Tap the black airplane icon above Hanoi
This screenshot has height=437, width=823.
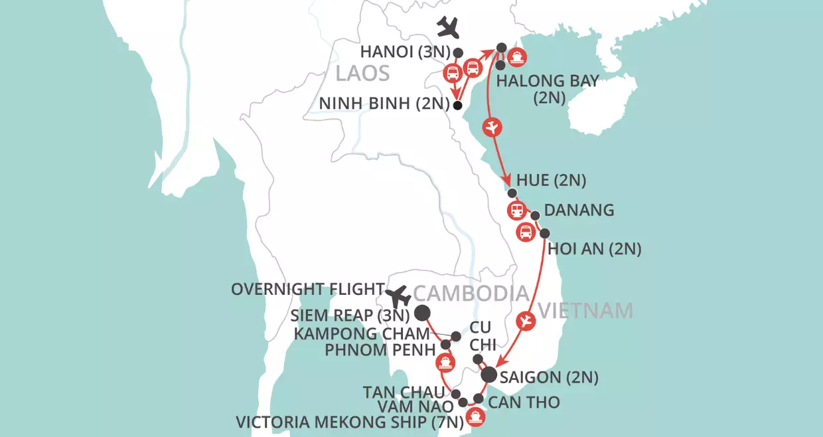tap(449, 27)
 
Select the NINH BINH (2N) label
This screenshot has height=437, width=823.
tap(383, 104)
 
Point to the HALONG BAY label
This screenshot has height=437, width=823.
tap(548, 81)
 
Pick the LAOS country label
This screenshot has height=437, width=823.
tap(362, 73)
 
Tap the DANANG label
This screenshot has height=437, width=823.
tap(579, 211)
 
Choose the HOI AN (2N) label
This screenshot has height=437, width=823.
tap(593, 249)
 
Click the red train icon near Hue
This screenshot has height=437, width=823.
tap(516, 211)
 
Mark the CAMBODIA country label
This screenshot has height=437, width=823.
tap(471, 293)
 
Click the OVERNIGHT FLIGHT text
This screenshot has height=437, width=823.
tap(307, 289)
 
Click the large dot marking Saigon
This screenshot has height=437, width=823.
tap(488, 375)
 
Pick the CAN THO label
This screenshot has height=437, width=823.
tap(524, 402)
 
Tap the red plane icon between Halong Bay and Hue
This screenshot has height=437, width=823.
tap(492, 126)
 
